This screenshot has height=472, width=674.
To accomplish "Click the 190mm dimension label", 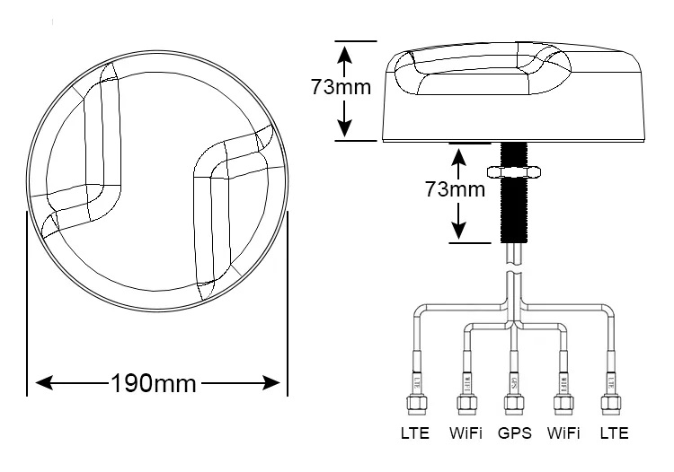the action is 153,383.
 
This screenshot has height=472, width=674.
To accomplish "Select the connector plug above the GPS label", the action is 515,404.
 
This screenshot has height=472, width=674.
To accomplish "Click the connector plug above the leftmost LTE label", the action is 416,404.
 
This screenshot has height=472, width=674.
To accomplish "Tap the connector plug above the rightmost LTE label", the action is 614,404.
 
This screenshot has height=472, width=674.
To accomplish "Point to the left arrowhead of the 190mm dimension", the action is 43,383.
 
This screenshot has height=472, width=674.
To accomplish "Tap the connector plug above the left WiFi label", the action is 466,404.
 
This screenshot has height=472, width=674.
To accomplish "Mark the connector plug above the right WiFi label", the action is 564,404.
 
